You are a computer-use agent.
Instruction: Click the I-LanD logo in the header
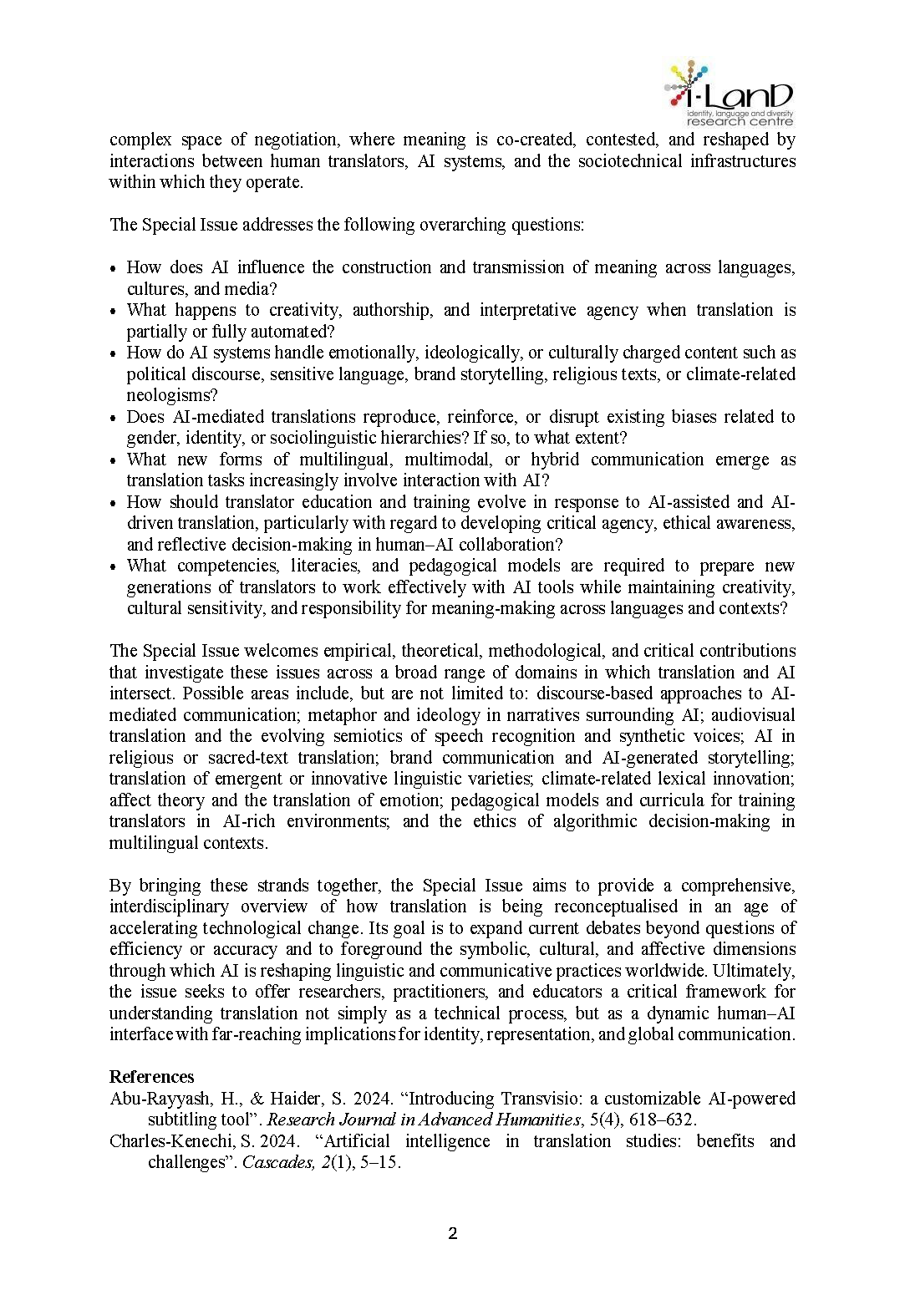point(729,93)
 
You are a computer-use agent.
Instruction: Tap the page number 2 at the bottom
point(453,1234)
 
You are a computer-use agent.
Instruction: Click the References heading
point(151,1077)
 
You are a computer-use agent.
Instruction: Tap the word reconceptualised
point(616,906)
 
